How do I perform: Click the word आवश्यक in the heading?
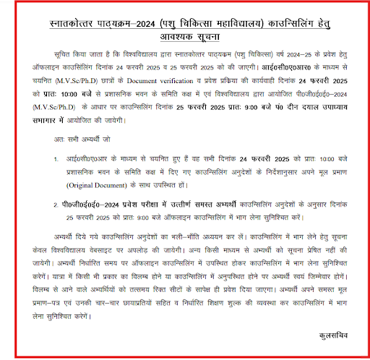tap(158, 37)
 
